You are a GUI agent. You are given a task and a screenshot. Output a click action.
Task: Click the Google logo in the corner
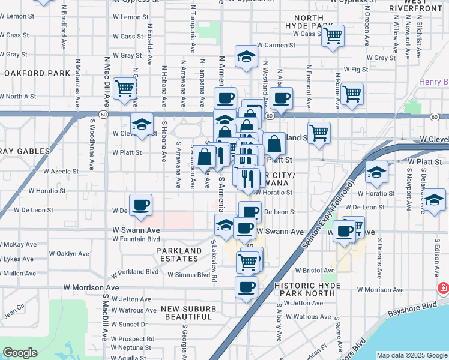tap(20, 353)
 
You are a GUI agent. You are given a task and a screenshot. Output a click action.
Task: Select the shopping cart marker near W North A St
tap(125, 89)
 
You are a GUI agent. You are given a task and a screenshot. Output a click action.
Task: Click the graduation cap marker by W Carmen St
tap(246, 56)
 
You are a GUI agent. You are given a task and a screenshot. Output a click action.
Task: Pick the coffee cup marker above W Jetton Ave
tap(246, 287)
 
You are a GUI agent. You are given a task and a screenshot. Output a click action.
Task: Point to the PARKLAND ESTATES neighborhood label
tap(179, 255)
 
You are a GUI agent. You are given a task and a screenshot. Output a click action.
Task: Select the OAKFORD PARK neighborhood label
tap(37, 73)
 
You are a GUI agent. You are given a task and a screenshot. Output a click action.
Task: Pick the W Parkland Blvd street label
tap(138, 272)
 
